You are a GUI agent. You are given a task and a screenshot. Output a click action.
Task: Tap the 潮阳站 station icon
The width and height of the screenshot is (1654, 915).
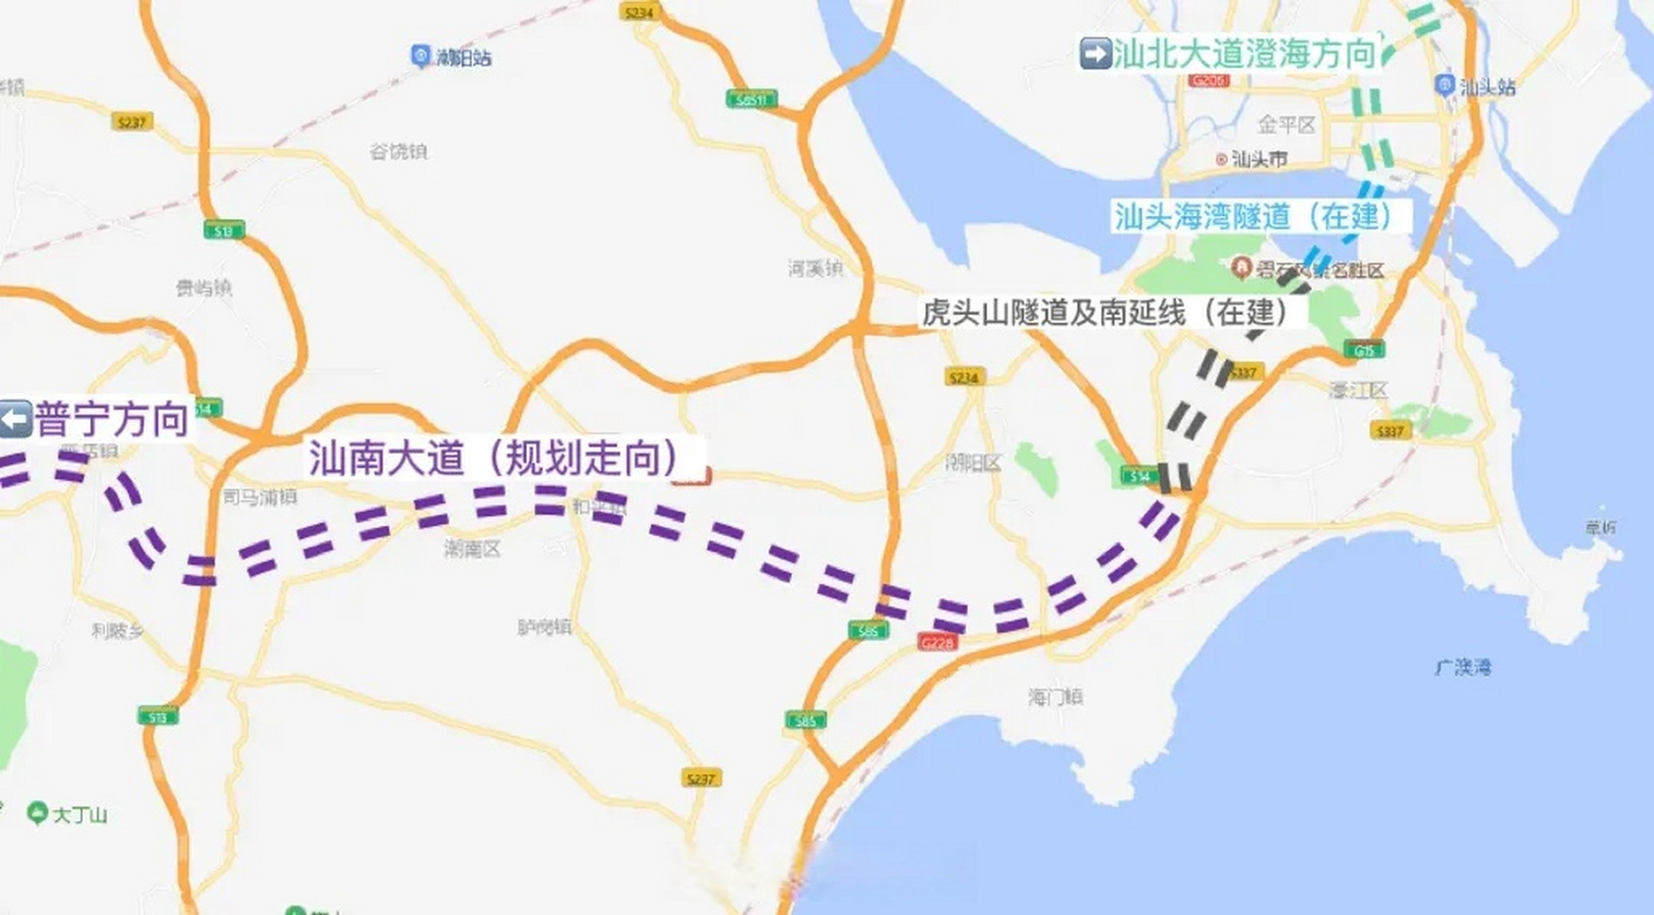click(420, 56)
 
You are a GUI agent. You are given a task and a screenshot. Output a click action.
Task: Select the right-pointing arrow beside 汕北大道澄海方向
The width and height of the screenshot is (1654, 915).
click(1095, 54)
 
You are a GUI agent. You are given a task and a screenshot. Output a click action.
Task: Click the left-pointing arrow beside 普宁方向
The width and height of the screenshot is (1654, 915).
click(16, 419)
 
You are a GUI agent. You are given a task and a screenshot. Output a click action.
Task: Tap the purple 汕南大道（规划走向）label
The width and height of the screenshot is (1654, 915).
click(494, 457)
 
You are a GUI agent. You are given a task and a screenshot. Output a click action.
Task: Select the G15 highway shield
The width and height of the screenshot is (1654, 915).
click(1364, 350)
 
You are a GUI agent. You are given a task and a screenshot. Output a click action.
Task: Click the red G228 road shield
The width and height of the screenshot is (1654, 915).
click(936, 643)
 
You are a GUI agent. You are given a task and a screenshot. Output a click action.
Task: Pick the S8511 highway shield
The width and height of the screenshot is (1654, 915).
click(751, 99)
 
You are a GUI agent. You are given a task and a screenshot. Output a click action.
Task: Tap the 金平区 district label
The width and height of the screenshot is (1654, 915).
click(1286, 125)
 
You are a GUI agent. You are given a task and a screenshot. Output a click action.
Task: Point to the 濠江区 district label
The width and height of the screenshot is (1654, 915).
click(1358, 390)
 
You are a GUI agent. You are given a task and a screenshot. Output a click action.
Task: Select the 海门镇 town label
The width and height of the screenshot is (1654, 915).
click(1055, 697)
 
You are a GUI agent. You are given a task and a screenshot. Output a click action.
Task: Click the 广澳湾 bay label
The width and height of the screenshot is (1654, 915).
click(1463, 668)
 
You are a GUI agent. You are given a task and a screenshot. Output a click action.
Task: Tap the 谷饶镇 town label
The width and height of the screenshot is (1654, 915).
click(398, 152)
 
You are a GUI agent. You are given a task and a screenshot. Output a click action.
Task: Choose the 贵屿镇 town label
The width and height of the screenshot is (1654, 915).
click(204, 288)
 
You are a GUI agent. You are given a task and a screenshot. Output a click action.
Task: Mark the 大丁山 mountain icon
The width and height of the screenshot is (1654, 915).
click(36, 813)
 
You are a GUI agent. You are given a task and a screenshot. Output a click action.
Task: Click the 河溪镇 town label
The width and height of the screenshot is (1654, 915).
click(816, 269)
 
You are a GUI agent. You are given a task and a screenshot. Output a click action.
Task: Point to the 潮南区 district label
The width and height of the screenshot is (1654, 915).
click(472, 549)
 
